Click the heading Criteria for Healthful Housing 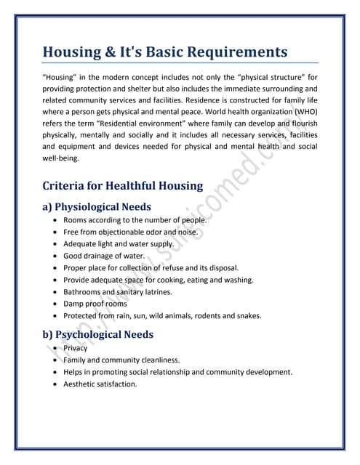click(123, 185)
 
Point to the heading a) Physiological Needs click(98, 206)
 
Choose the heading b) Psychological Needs click(98, 334)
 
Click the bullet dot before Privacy click(57, 348)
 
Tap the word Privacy click(76, 348)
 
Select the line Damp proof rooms click(95, 304)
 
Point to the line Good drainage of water click(104, 256)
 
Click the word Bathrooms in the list click(84, 292)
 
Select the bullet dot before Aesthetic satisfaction click(57, 384)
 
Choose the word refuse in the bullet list click(174, 268)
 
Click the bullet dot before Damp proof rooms click(57, 304)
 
